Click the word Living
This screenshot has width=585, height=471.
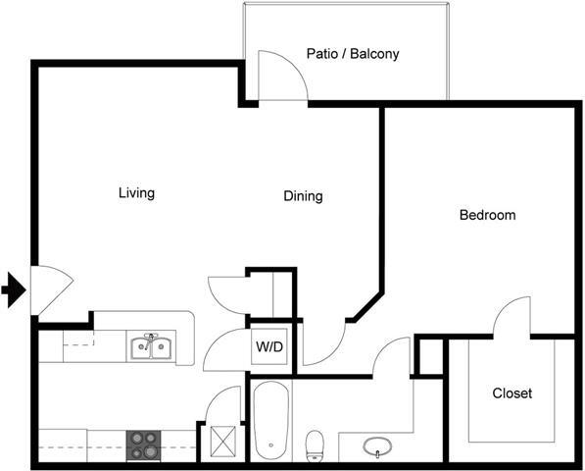[136, 193]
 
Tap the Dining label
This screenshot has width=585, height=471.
[303, 196]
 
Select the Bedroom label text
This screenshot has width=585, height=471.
[487, 215]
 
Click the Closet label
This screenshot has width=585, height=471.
[512, 393]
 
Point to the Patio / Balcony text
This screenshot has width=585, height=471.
[353, 54]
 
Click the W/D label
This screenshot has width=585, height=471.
[269, 346]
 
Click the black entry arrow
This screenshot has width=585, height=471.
[13, 289]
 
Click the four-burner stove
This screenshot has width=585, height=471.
[143, 445]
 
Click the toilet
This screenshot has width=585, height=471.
[316, 445]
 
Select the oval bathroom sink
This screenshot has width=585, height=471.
[378, 448]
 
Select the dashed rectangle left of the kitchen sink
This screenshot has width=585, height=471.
[79, 340]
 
